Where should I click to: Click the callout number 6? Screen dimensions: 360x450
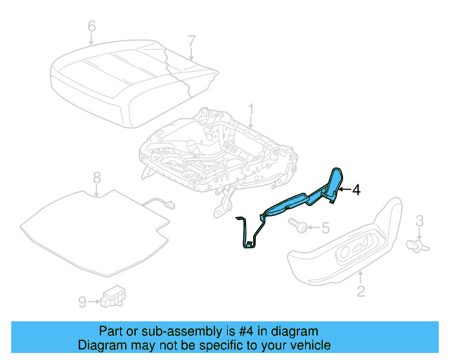point(91,27)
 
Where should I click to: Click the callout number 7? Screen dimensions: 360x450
point(192,41)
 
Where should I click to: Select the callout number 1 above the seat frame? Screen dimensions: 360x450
point(251,110)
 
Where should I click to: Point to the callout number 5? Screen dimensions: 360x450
point(325,227)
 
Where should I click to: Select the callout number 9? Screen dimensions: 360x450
point(82,302)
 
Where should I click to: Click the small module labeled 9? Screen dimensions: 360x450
point(112,297)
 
